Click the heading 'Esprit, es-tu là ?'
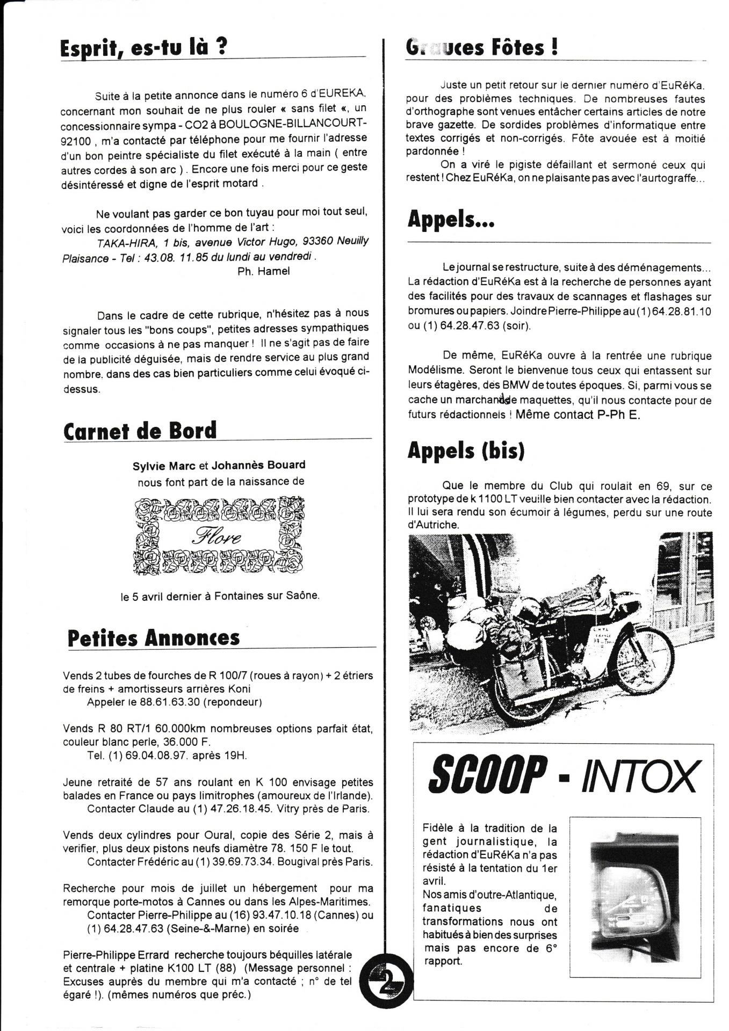[x=143, y=48]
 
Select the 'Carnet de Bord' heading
[x=140, y=431]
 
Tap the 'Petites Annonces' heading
[x=154, y=638]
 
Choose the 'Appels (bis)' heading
[x=466, y=451]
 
